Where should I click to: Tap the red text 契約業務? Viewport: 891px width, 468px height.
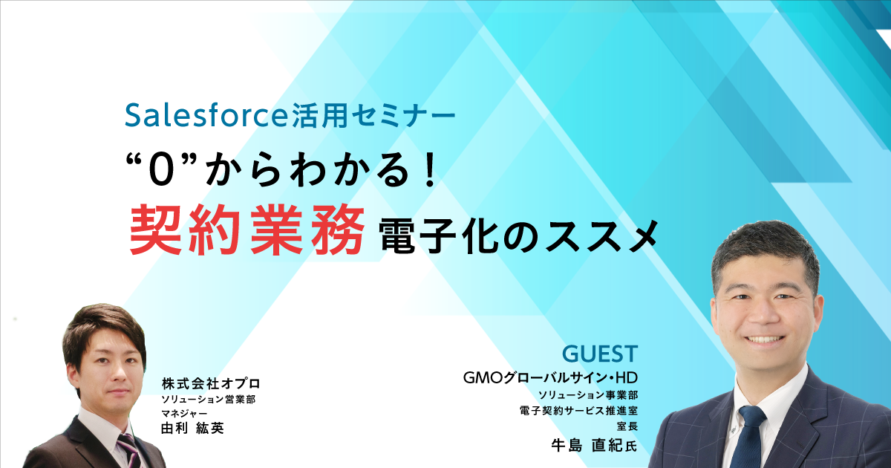click(x=247, y=230)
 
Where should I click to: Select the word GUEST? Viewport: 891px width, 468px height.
click(x=600, y=354)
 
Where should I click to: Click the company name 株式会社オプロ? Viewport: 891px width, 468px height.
click(x=211, y=383)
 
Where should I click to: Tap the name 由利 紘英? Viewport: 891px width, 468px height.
click(x=193, y=428)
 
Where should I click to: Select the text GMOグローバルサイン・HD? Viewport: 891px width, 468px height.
click(x=550, y=377)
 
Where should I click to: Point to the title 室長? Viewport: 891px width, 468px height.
click(x=627, y=426)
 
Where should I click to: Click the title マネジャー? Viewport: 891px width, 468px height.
click(x=184, y=413)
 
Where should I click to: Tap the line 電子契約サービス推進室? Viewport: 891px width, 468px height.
click(x=578, y=410)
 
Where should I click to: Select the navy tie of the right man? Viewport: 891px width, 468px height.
click(x=747, y=437)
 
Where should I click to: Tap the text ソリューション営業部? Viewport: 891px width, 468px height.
click(x=209, y=399)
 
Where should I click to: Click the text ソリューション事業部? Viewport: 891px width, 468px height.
click(x=588, y=394)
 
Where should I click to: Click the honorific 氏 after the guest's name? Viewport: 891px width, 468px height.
click(x=631, y=446)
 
